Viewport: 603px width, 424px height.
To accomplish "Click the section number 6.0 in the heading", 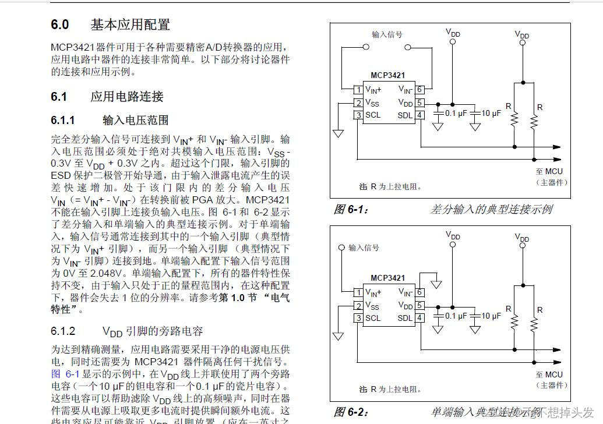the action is tap(60, 24).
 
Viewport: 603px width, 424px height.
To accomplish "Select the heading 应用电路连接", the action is tap(127, 97).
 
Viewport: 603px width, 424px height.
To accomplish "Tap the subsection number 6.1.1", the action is tap(63, 121).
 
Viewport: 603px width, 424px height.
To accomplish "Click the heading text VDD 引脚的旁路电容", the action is tap(153, 331).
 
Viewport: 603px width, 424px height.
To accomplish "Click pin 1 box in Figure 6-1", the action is tap(358, 90).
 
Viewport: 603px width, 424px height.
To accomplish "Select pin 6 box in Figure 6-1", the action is tap(419, 90).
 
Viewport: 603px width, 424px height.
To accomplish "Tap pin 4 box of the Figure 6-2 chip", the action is tap(419, 317).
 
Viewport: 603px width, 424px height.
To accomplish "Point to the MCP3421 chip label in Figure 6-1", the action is tap(387, 76).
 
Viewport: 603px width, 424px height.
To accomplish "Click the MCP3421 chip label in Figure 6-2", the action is tap(387, 278).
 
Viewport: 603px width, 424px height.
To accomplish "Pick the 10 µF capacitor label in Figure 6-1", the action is tap(491, 114).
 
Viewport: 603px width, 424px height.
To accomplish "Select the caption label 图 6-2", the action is tap(351, 412).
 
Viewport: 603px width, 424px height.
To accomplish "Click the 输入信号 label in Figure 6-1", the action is tap(387, 35).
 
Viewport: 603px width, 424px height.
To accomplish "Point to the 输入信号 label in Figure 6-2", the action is tap(364, 248).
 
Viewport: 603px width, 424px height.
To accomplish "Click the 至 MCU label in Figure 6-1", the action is tap(549, 171).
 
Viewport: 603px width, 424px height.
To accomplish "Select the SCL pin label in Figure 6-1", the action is tap(373, 115).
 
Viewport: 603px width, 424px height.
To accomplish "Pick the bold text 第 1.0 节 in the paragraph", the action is tap(230, 297).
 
